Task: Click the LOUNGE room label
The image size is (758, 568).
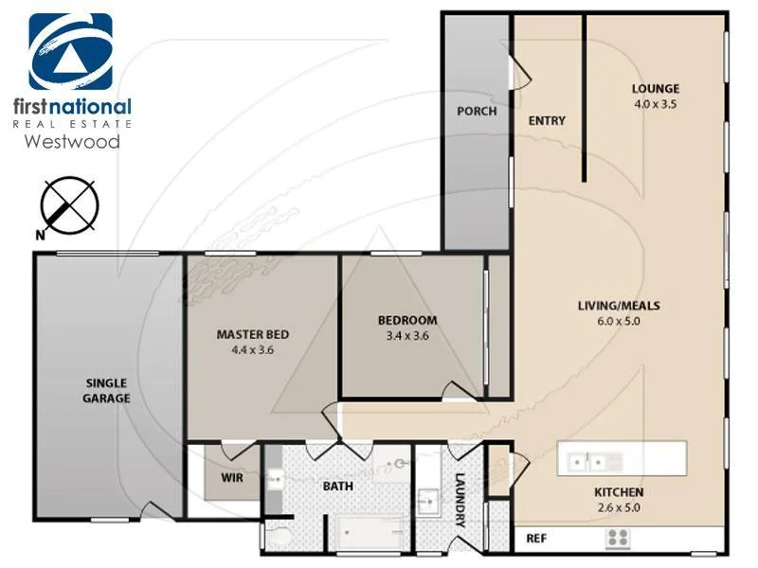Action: [x=655, y=89]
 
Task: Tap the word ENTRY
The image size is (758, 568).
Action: [x=546, y=120]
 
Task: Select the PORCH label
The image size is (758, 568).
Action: [x=477, y=111]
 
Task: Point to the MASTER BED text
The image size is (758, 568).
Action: [x=252, y=334]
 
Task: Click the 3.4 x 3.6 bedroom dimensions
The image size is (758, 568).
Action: [x=407, y=334]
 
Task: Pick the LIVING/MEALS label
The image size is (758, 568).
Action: [x=619, y=306]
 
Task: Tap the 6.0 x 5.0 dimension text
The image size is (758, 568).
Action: [x=619, y=320]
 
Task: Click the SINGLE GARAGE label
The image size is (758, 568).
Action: [x=106, y=390]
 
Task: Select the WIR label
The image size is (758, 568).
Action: [x=232, y=478]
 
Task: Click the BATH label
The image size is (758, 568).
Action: [x=337, y=487]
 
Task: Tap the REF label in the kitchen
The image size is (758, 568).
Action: [x=536, y=539]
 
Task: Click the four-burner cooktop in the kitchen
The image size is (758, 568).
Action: [x=619, y=539]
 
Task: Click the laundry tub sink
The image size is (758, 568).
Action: [x=427, y=499]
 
